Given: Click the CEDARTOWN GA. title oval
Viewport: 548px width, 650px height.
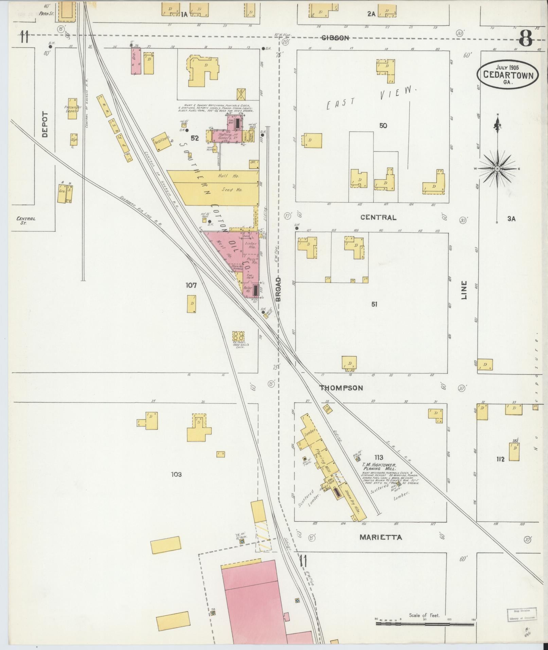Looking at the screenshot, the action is coord(508,74).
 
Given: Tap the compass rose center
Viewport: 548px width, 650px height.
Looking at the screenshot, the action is coord(497,169).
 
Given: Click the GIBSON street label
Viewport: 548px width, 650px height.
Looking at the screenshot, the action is coord(335,38).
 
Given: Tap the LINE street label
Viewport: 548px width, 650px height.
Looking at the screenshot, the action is coord(464,290).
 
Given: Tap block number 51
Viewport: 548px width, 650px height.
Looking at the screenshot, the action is coord(374,304).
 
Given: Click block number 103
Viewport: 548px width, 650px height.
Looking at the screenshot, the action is coord(176,474).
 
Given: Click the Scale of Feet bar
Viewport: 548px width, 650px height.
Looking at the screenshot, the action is coord(425,623).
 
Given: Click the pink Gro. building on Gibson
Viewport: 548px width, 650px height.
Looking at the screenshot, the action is coord(136,60).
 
